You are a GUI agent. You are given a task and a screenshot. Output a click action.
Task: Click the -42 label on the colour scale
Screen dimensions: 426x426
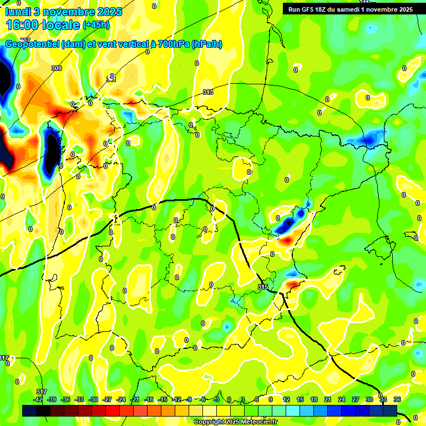point(38,399)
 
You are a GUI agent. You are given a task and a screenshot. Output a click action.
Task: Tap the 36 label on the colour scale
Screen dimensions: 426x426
point(397,399)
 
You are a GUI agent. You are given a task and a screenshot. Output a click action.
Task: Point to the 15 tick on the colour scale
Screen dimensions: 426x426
point(300,399)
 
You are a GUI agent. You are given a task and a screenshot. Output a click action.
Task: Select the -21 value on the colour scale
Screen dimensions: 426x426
point(135,399)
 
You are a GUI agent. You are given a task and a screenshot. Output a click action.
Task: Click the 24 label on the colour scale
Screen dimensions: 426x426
point(342,399)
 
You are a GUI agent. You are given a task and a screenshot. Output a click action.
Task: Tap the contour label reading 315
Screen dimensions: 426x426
point(263,287)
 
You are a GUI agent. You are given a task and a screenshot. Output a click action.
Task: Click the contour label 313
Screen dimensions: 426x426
point(208,92)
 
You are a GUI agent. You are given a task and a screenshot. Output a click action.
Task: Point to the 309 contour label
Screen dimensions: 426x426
point(56,68)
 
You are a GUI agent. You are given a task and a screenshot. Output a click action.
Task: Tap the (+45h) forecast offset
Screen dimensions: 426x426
point(96,25)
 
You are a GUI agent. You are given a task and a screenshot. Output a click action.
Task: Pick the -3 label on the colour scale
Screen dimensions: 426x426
point(217,399)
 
